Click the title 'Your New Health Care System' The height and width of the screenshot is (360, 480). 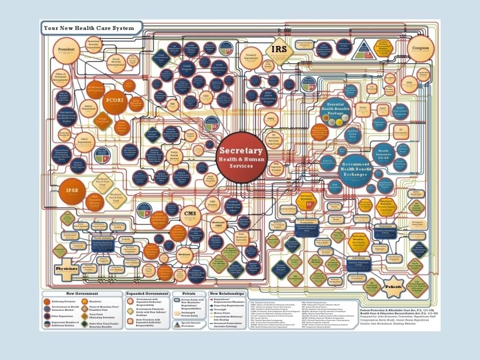coord(92,29)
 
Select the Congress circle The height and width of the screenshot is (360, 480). coord(421,48)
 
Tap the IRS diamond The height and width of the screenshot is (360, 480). coord(279,49)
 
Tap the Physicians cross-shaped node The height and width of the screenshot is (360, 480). coord(67,269)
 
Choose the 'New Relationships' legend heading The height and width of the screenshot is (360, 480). coord(227,293)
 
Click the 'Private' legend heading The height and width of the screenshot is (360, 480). coord(189,293)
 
